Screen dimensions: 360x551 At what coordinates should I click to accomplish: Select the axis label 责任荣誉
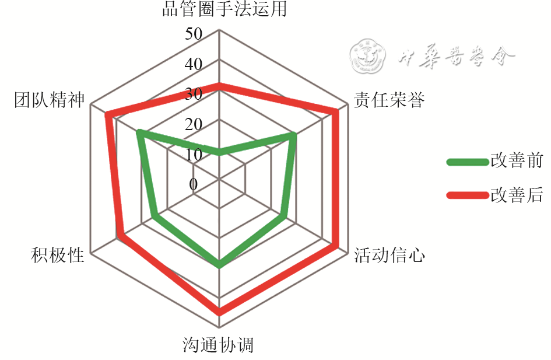389,100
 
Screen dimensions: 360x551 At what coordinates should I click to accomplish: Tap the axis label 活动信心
389,256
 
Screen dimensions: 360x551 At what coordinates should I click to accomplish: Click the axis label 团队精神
50,100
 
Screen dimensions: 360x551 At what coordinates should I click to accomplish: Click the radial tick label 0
194,185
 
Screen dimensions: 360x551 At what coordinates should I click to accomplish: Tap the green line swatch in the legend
468,162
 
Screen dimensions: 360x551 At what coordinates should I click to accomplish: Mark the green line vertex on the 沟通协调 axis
219,265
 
